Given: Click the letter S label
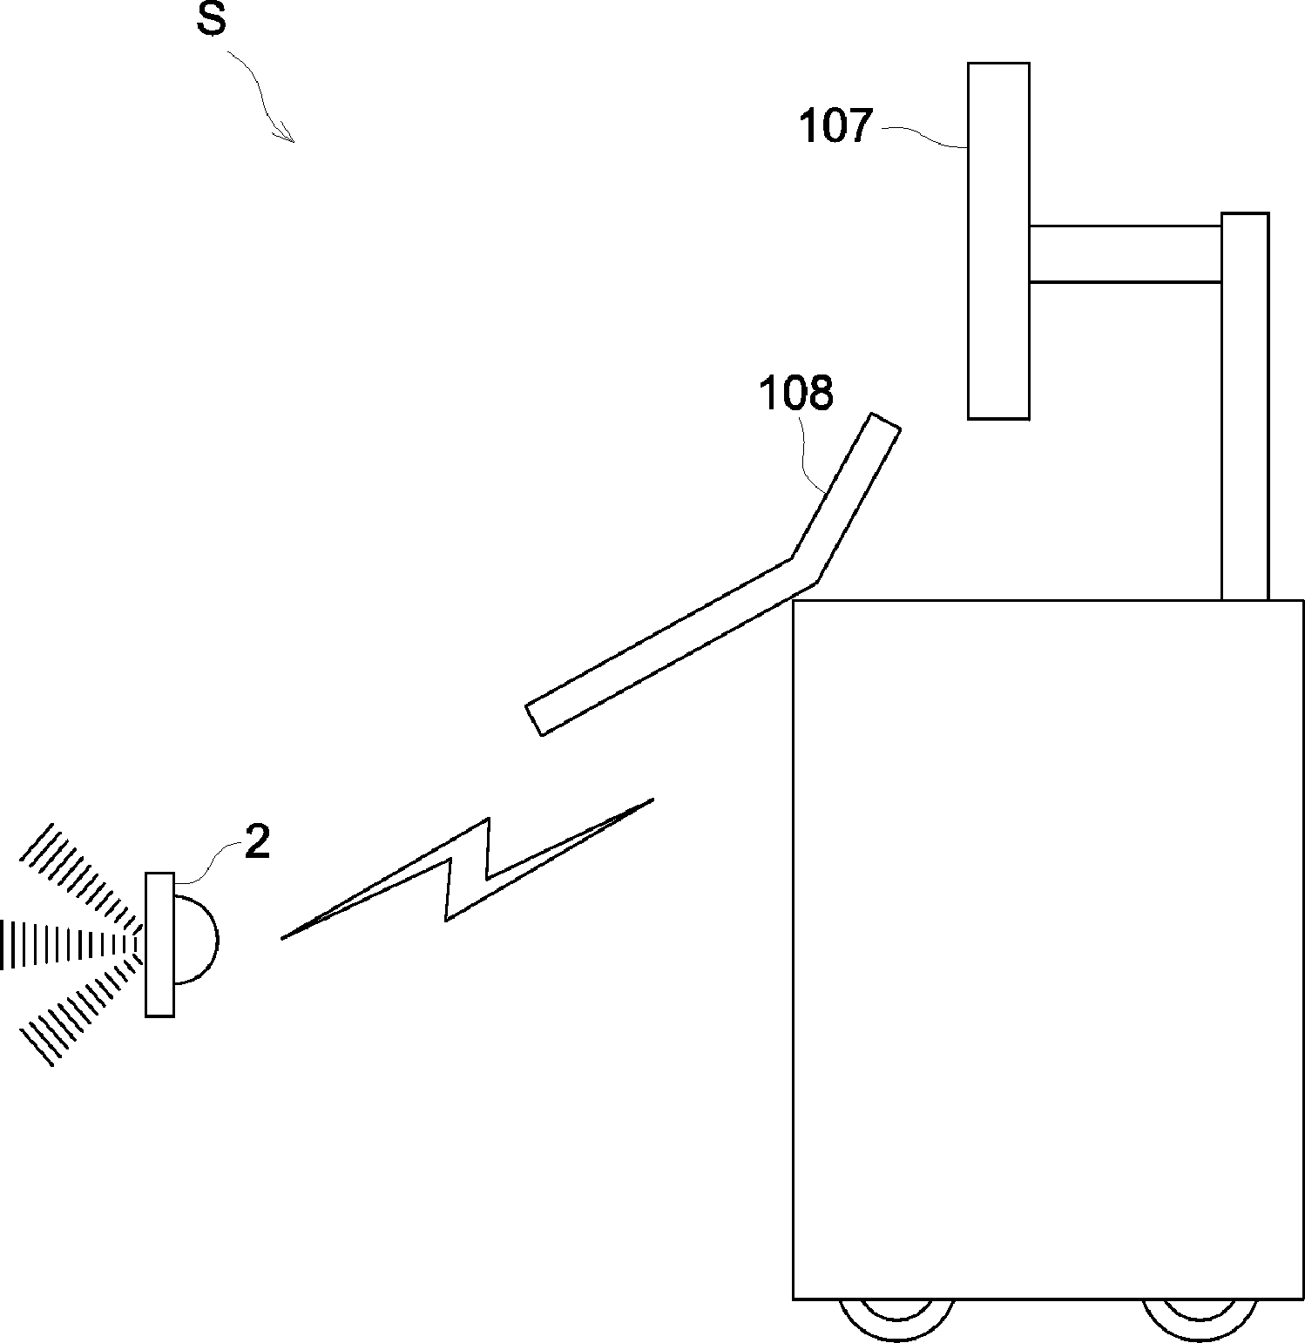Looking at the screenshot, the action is coord(212,21).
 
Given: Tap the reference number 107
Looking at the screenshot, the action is coord(835,126).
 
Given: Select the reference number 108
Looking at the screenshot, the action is coord(796,393).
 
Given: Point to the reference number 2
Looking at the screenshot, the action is coord(257,842).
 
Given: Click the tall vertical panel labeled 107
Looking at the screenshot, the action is coord(998,240).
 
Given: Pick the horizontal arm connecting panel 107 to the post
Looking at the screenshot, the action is coord(1126,254).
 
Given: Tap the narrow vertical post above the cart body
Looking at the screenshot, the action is coord(1245,406).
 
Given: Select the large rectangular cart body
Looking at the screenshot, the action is coord(1048,949).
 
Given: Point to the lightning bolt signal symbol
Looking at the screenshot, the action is coord(467,869).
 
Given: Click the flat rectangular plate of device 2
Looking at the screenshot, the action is coord(160,944).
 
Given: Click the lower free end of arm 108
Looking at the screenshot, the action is coord(535,719).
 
